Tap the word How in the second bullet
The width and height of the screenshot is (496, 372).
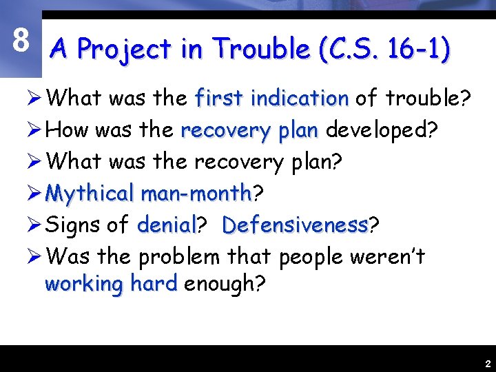[69, 130]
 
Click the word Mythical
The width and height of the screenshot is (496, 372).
[90, 194]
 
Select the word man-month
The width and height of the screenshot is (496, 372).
[195, 194]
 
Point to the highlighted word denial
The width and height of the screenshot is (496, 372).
[167, 225]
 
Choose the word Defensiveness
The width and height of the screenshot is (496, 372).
[295, 225]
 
